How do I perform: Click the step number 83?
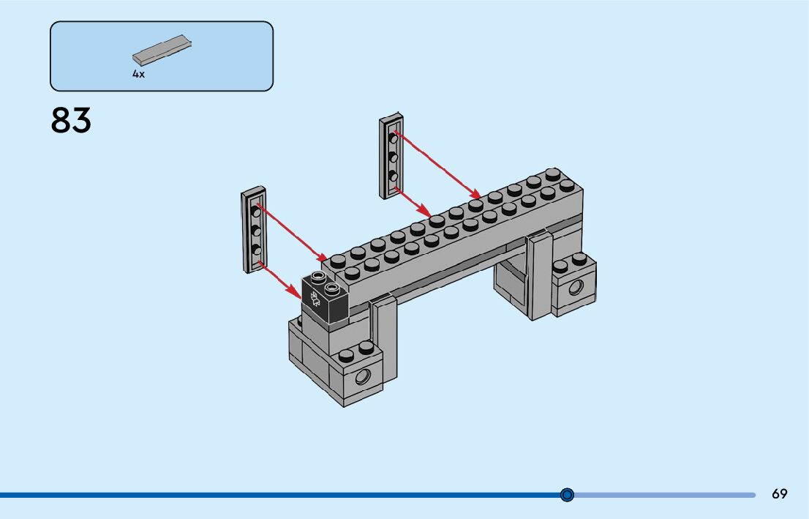[71, 121]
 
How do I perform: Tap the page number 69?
[779, 494]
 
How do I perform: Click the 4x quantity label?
[138, 74]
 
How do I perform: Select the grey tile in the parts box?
[162, 50]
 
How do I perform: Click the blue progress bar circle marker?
[567, 495]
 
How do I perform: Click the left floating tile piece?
[254, 230]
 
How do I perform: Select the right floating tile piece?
[391, 156]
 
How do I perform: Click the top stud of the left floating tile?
[255, 212]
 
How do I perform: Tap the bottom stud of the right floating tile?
[393, 176]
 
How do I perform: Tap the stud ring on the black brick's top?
[318, 277]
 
